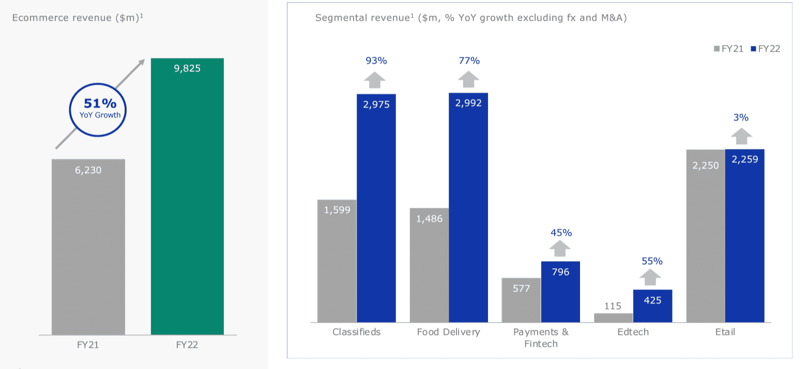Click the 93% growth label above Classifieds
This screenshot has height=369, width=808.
376,60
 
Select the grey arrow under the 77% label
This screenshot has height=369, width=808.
468,81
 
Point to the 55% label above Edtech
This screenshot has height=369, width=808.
652,261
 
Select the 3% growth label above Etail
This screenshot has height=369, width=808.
741,117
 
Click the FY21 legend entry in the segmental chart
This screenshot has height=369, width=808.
728,49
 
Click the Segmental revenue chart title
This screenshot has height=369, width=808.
470,18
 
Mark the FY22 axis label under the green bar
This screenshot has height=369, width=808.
187,345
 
